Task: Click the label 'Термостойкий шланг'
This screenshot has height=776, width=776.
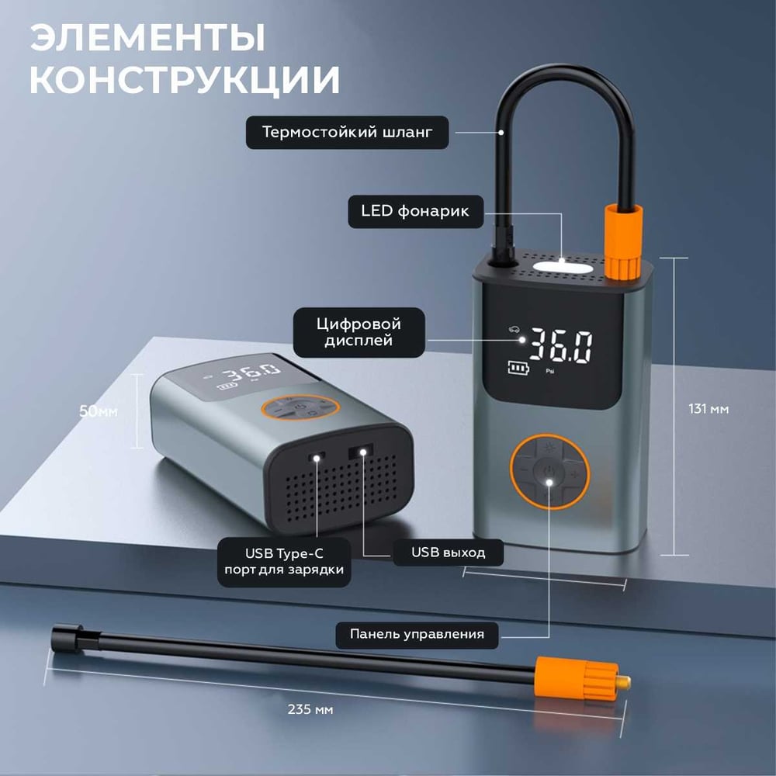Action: pos(347,132)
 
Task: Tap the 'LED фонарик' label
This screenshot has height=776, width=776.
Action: pos(415,211)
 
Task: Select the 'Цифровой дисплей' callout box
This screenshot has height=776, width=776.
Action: pos(359,332)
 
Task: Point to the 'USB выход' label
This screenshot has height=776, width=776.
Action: pos(449,553)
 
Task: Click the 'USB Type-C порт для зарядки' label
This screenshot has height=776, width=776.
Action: pos(284,562)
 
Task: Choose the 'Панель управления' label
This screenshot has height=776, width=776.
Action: pos(417,634)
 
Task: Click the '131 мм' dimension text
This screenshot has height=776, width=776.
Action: pos(708,409)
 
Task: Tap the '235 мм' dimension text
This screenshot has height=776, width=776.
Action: pos(310,709)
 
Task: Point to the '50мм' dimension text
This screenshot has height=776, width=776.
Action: pos(99,411)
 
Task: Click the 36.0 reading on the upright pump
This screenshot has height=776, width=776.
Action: pos(561,345)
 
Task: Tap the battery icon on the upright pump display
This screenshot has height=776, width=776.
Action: pos(518,368)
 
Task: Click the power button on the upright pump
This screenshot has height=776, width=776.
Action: pos(549,470)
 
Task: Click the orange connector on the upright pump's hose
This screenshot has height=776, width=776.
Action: pos(623,241)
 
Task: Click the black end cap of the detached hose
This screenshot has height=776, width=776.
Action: pos(68,637)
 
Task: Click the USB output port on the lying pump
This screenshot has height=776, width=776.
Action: pos(362,452)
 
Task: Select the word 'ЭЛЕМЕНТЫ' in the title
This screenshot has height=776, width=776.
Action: pos(148,37)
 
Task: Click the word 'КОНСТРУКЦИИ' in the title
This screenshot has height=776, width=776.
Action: pos(185,80)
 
